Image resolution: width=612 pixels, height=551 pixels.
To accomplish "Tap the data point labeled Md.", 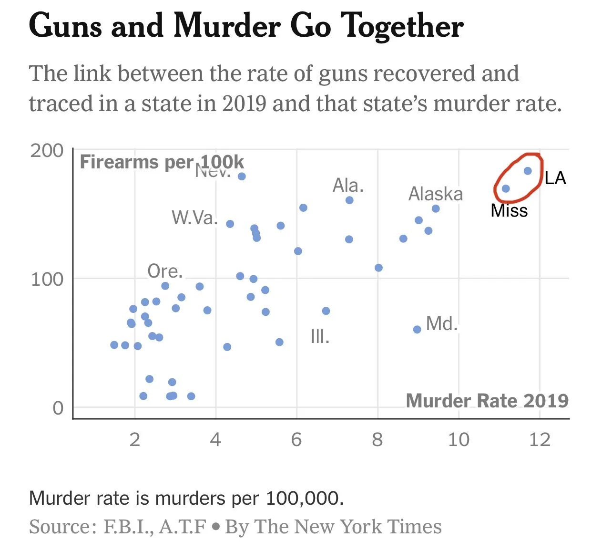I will pos(417,330).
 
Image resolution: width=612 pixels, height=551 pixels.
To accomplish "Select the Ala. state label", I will pos(348,185).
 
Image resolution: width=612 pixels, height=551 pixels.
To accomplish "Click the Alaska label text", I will pos(436,194).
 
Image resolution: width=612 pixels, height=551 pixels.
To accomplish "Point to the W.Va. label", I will pos(194,218).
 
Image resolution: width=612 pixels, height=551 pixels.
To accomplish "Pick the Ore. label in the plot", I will pos(165,271).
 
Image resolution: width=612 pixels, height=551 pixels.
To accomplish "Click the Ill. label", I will pos(320,337).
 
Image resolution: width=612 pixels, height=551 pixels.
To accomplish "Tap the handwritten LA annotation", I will pos(555,178).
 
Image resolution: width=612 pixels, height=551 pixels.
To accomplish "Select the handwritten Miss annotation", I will pos(509,211).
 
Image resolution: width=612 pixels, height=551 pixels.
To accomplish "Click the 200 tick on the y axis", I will pos(47,151).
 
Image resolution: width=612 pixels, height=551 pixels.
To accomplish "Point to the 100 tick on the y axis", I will pos(47,279).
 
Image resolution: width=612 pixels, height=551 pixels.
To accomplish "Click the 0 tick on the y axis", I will pos(58,408).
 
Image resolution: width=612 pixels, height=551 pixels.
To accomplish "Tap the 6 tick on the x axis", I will pos(296,439).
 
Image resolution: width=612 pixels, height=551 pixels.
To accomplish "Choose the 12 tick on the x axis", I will pos(540,439).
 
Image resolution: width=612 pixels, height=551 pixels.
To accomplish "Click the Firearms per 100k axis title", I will pos(162,162).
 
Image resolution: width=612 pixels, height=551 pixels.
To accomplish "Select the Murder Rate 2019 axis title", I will pos(487,401).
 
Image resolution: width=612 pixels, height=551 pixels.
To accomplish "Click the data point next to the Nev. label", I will pos(242,177).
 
